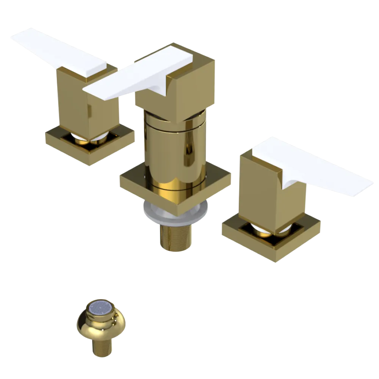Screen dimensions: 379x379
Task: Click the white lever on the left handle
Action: point(57,51)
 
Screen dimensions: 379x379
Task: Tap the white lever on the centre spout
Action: point(136,76)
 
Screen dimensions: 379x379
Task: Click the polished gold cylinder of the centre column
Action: point(174,152)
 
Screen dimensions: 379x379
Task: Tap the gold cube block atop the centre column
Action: point(189,91)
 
